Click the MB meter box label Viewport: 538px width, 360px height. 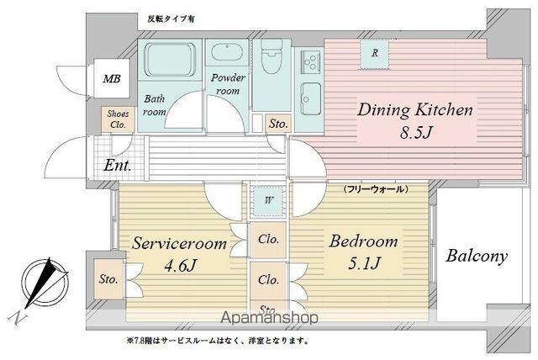111,80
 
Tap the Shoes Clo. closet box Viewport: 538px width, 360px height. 117,119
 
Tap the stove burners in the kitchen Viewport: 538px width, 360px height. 310,61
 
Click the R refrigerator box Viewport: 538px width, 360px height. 374,53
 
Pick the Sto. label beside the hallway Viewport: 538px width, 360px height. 278,124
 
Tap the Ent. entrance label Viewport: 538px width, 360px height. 118,166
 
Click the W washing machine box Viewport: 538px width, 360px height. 267,201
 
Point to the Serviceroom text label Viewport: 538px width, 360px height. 179,244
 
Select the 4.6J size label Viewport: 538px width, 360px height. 178,266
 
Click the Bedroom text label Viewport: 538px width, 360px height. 363,242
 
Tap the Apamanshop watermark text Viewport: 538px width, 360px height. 269,319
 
